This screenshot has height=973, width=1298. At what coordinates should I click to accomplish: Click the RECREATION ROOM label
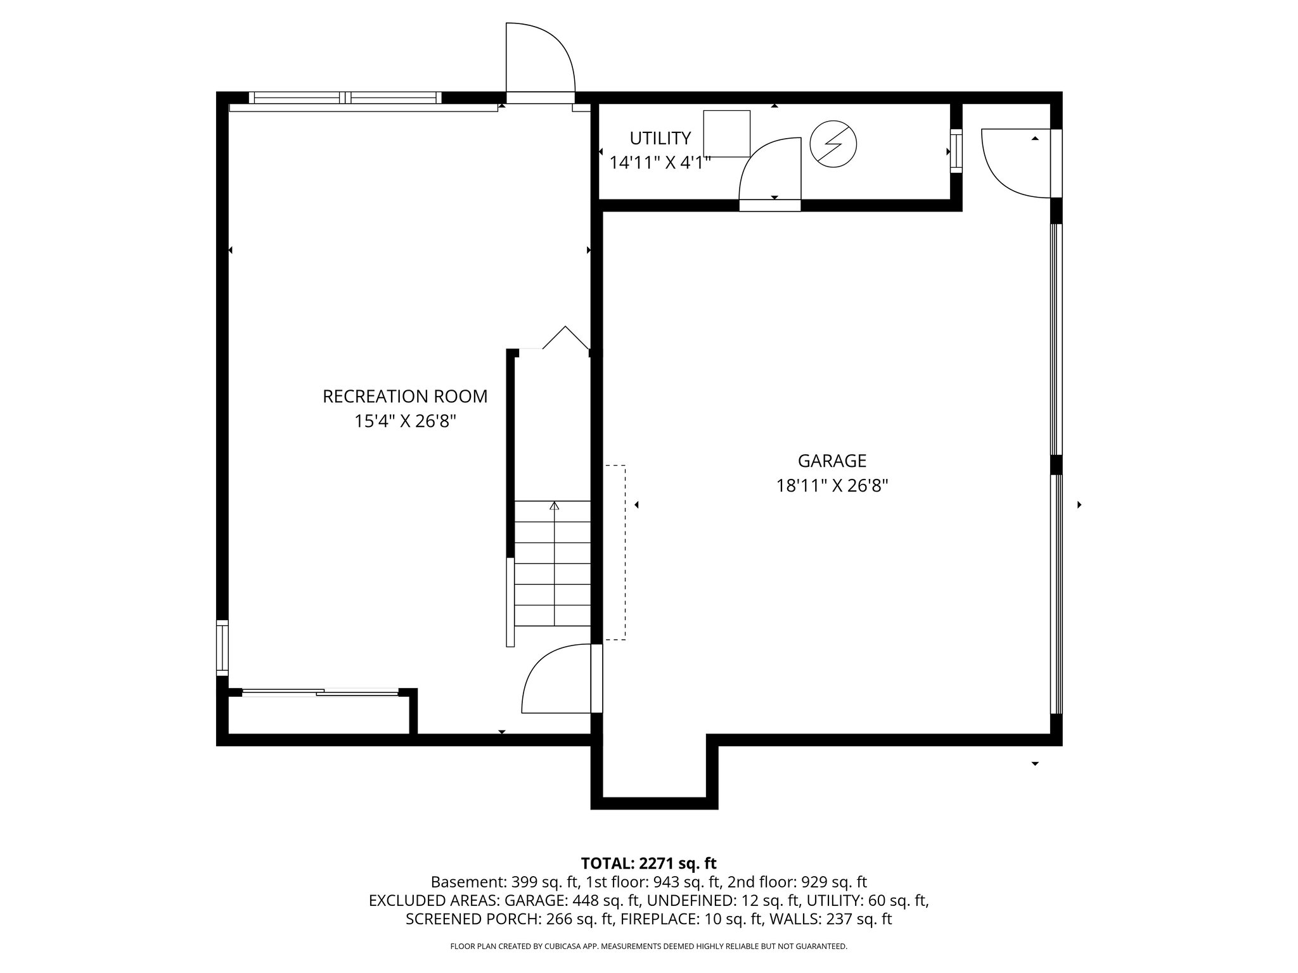click(405, 397)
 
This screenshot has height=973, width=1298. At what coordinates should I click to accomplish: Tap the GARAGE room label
click(832, 461)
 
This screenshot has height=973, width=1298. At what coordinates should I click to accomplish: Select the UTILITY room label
click(660, 138)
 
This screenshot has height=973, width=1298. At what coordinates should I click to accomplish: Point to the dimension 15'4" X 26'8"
click(405, 421)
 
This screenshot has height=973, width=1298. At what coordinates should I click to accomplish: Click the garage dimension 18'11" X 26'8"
click(832, 486)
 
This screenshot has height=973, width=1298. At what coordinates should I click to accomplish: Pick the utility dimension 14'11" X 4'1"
click(660, 163)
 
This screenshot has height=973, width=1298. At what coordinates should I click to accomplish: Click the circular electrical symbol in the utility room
click(833, 144)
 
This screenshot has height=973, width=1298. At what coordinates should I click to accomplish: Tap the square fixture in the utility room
click(726, 134)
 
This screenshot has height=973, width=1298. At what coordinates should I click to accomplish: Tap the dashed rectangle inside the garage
click(615, 552)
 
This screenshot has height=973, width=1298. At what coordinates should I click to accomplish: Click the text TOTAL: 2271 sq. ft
click(648, 863)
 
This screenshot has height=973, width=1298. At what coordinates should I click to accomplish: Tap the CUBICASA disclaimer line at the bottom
click(648, 946)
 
